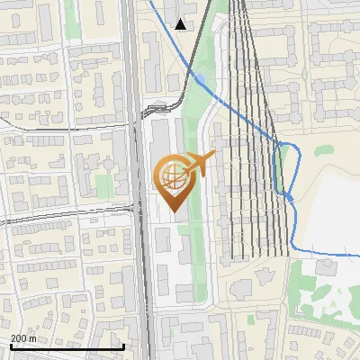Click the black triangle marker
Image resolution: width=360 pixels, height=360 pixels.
click(181, 24)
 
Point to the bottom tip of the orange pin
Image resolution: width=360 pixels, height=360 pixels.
click(173, 211)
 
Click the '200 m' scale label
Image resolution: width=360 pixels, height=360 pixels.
click(23, 338)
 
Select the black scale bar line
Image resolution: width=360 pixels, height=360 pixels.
click(67, 346)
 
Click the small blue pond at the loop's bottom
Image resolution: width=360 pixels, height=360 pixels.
click(289, 195)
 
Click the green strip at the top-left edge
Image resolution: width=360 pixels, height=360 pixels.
click(72, 18)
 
